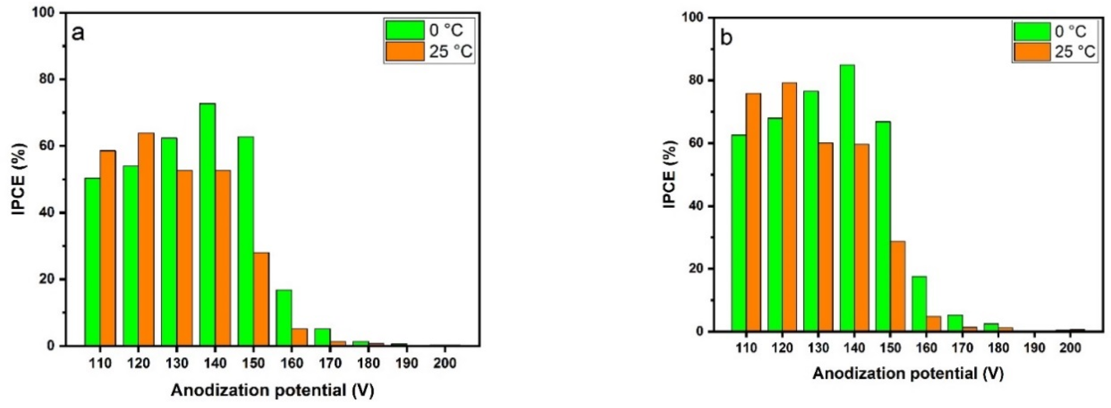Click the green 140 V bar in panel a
pyautogui.click(x=208, y=224)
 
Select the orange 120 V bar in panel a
pyautogui.click(x=146, y=239)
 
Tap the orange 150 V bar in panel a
pyautogui.click(x=261, y=299)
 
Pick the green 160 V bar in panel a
pyautogui.click(x=284, y=318)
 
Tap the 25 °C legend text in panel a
pyautogui.click(x=450, y=52)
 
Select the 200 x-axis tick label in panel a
pyautogui.click(x=445, y=363)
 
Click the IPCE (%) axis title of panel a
pyautogui.click(x=19, y=179)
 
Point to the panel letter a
pyautogui.click(x=78, y=33)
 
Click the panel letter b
pyautogui.click(x=727, y=38)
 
